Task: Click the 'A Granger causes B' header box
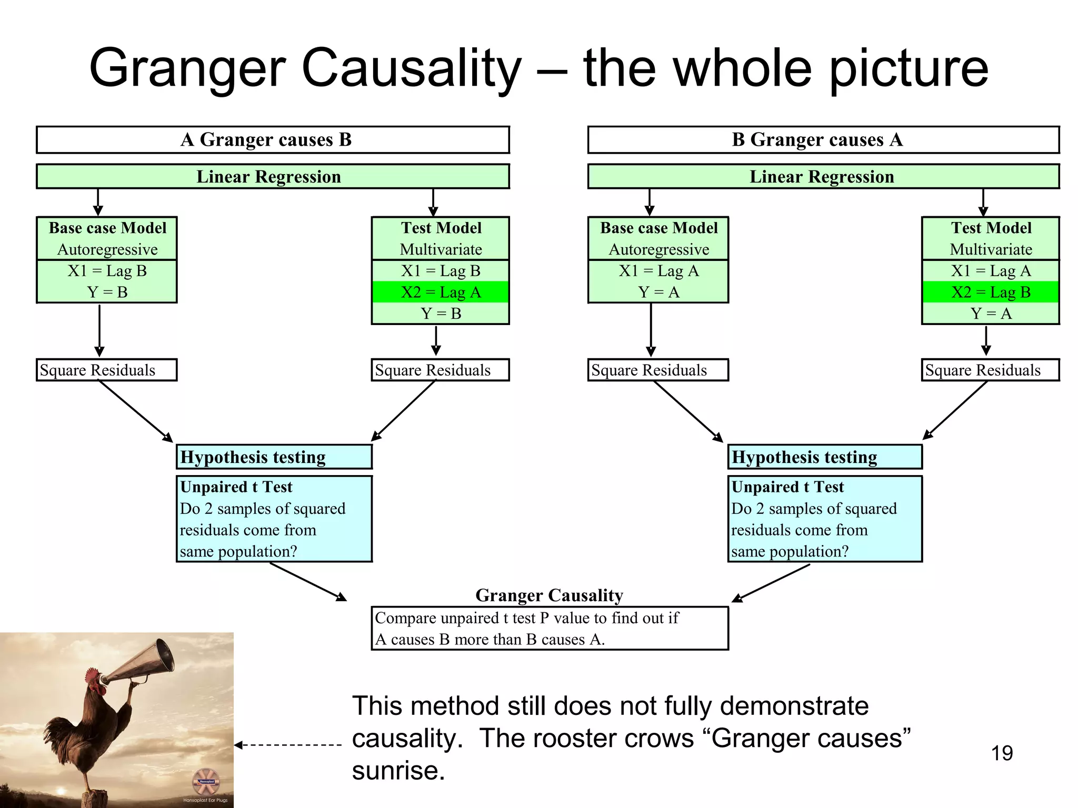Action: point(273,140)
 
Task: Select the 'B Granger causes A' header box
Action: point(823,140)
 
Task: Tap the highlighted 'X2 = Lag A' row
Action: point(441,292)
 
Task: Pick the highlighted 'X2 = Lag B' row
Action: point(990,292)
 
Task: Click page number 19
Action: point(1002,753)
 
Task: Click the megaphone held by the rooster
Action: point(142,660)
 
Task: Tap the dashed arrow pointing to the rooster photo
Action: point(288,745)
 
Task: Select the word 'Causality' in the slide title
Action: point(411,68)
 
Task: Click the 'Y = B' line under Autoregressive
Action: point(107,292)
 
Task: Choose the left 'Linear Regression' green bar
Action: point(273,177)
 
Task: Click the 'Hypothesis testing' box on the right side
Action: point(824,457)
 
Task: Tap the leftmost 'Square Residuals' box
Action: point(106,370)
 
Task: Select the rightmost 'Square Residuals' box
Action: point(990,370)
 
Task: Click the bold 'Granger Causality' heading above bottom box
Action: point(549,595)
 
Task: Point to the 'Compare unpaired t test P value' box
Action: point(549,629)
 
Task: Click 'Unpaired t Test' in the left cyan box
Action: point(236,487)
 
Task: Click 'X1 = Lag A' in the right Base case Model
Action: point(658,271)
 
